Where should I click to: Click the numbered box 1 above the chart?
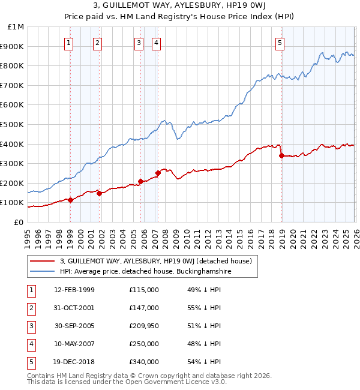pyautogui.click(x=69, y=43)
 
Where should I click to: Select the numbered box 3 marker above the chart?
pyautogui.click(x=139, y=43)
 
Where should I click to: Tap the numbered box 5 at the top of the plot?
pyautogui.click(x=280, y=43)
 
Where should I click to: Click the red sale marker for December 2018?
pyautogui.click(x=281, y=156)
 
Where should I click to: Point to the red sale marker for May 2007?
pyautogui.click(x=158, y=173)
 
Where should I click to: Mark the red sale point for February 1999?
pyautogui.click(x=70, y=200)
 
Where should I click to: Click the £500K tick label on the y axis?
pyautogui.click(x=12, y=124)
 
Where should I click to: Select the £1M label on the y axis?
pyautogui.click(x=16, y=26)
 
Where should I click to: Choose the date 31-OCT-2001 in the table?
pyautogui.click(x=74, y=307)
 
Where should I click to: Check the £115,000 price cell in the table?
pyautogui.click(x=143, y=289)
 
